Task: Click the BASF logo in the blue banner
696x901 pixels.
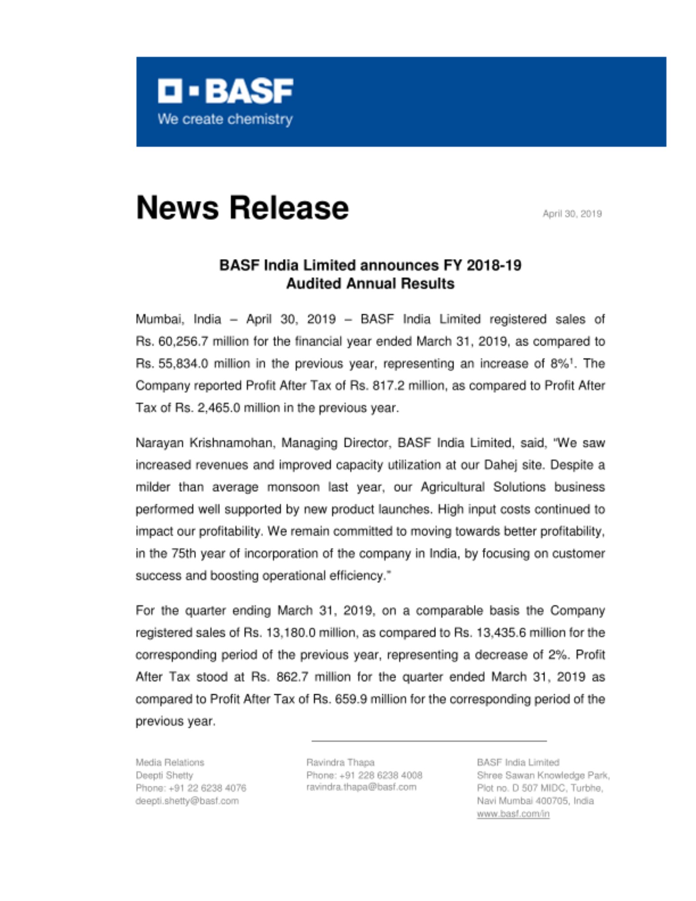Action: [225, 91]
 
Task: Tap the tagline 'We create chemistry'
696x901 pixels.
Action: [225, 119]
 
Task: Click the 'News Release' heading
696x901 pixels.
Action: [242, 208]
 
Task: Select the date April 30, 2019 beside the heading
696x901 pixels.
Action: [572, 214]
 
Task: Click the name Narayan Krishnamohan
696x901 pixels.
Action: [205, 443]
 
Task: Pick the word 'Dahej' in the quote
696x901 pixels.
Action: [500, 465]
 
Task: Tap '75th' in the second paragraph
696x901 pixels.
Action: [183, 553]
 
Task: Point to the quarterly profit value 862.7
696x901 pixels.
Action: [292, 677]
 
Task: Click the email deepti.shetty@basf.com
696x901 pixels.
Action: [187, 801]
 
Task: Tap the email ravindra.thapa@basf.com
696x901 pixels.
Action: [361, 787]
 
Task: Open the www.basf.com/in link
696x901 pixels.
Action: [513, 814]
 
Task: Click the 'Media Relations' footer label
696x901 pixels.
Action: [170, 762]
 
